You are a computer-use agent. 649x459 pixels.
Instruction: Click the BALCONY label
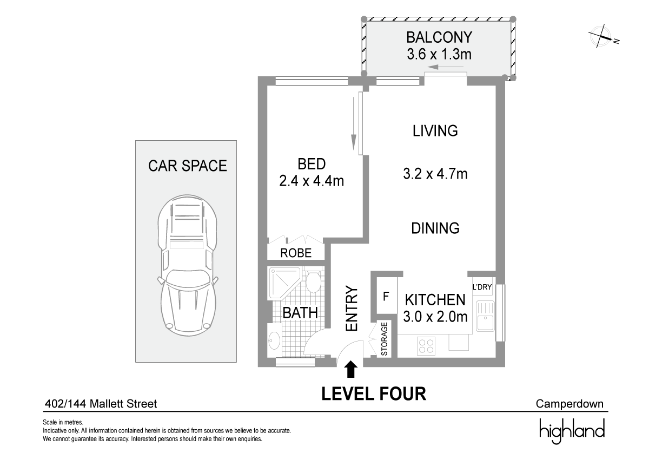pos(439,37)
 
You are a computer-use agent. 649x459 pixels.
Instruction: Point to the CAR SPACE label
pos(187,166)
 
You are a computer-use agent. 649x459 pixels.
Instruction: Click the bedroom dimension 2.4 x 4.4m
pos(312,181)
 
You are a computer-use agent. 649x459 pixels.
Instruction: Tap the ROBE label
pos(296,253)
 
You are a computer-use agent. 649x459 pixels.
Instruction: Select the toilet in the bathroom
pos(313,282)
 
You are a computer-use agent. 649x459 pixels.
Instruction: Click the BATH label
pos(300,313)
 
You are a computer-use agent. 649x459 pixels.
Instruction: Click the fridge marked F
pos(386,296)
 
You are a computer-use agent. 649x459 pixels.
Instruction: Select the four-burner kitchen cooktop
pos(427,346)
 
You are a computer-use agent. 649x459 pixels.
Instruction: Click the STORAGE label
pos(385,339)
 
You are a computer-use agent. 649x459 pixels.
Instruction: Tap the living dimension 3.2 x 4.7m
pos(435,174)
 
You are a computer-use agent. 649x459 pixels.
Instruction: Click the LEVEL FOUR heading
pos(374,394)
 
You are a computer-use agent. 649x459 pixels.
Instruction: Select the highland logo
pos(572,431)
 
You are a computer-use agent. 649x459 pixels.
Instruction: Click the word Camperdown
pos(569,404)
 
